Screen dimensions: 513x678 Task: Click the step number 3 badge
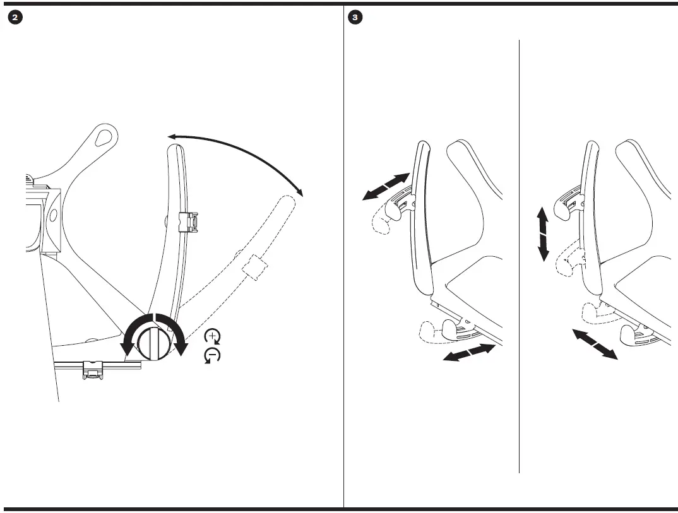coord(355,18)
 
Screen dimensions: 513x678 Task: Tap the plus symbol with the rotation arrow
coord(213,335)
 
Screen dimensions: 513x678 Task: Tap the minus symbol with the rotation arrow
coord(213,356)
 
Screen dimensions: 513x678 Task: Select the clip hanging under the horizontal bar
coord(93,370)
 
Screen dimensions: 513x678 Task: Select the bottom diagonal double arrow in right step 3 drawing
coord(595,344)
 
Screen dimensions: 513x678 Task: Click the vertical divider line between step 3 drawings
coord(519,252)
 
